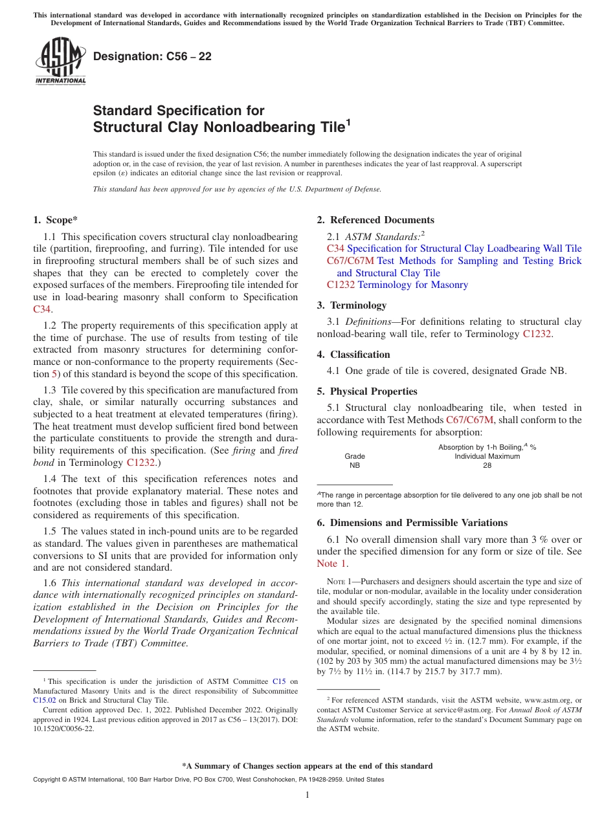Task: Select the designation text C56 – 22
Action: point(152,57)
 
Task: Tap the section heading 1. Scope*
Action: point(56,220)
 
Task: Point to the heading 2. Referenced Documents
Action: point(375,220)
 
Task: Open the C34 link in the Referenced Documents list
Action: point(335,248)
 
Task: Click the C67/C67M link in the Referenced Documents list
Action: point(350,261)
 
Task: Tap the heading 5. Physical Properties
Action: point(367,391)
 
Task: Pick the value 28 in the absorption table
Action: point(487,465)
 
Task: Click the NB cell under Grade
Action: point(355,465)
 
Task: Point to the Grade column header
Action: point(355,456)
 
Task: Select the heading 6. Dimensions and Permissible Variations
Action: point(412,523)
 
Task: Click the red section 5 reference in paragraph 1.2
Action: point(55,374)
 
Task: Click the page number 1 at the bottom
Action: point(307,795)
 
